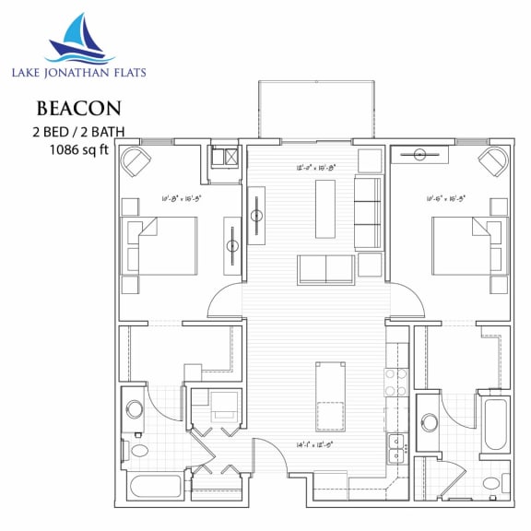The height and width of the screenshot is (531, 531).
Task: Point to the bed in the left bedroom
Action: tap(163, 246)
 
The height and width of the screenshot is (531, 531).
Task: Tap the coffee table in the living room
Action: tap(324, 208)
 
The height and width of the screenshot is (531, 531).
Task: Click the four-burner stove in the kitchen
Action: tap(396, 382)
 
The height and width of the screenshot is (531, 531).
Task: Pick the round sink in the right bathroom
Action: tap(429, 423)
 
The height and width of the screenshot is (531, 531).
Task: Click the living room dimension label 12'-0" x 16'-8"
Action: tap(316, 168)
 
